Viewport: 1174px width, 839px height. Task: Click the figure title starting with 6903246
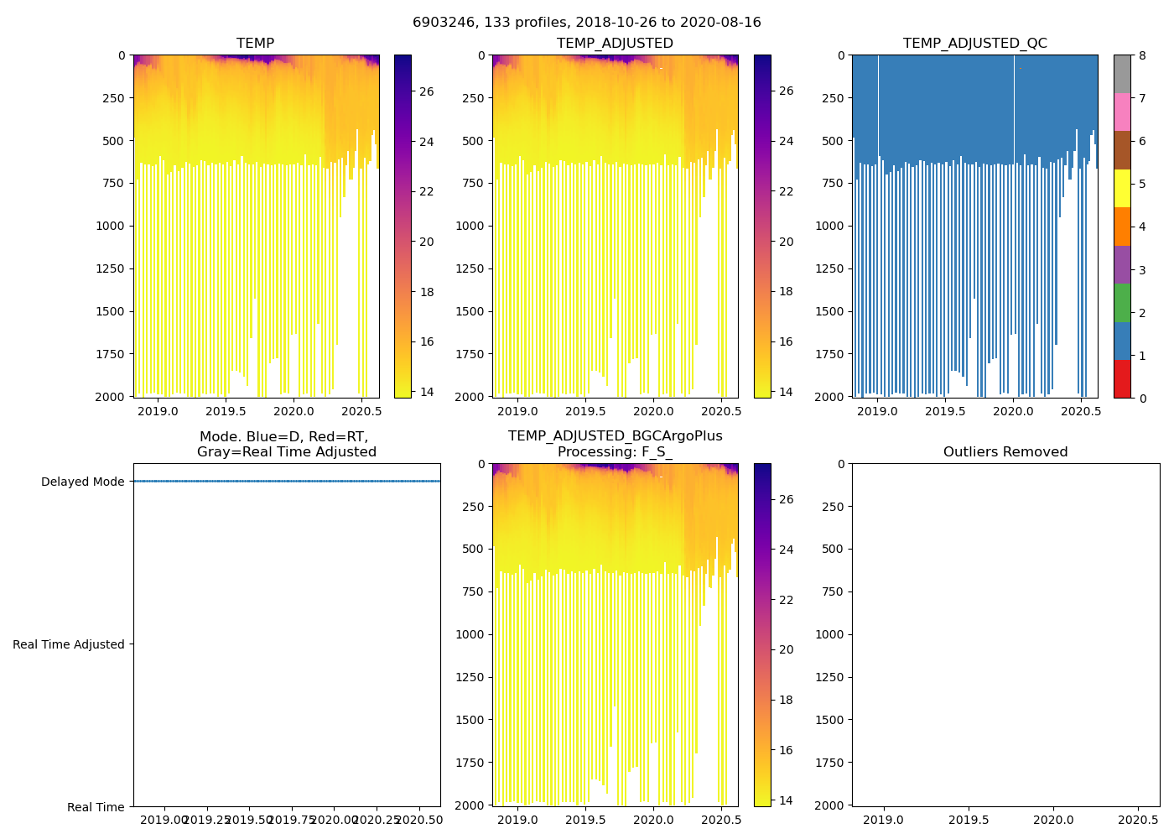(587, 23)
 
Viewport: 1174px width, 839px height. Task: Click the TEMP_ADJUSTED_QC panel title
(974, 44)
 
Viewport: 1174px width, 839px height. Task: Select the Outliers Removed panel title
(1005, 452)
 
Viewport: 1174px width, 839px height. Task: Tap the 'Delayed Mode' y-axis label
(82, 482)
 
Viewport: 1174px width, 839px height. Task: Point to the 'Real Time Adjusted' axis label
(69, 644)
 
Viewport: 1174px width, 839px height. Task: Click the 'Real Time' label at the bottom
(96, 807)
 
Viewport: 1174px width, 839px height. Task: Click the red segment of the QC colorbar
(1122, 378)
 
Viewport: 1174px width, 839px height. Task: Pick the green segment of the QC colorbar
(1122, 302)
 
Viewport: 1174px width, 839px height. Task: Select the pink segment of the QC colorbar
(1122, 112)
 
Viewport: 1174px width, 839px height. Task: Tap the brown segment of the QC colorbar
(1122, 149)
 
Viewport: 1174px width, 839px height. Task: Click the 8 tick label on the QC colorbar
(1142, 55)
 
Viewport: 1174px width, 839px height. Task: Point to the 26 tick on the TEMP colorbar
(426, 91)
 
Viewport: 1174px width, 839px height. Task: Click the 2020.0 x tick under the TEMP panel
(293, 411)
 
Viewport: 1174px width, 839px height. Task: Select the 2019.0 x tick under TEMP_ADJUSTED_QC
(877, 411)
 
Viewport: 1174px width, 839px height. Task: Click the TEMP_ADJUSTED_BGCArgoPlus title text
(615, 436)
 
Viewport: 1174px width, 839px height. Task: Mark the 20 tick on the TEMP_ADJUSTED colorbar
(786, 242)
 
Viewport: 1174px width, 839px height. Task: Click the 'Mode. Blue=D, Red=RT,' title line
(283, 436)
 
